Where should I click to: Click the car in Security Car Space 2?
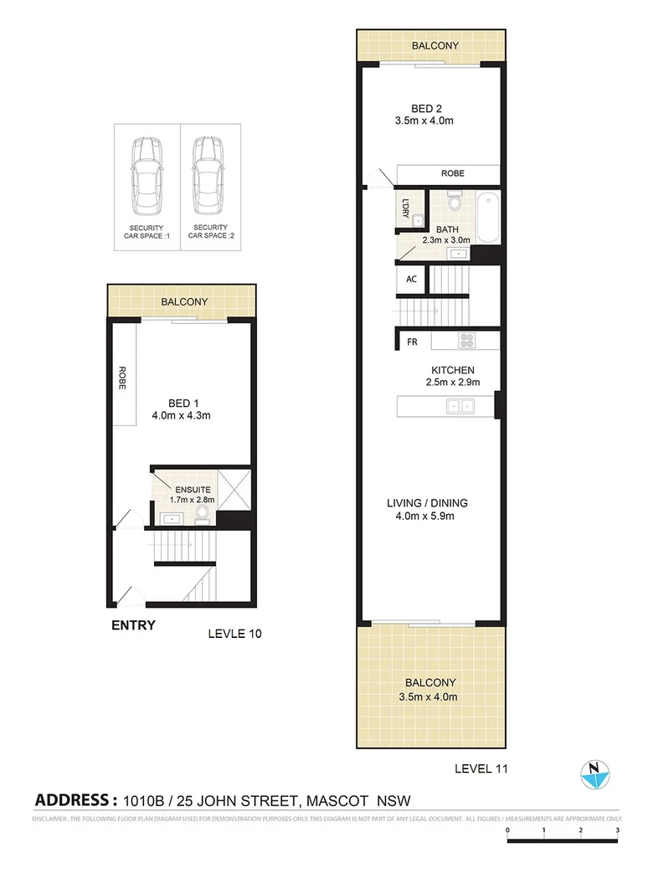click(x=209, y=176)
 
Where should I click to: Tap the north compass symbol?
click(x=594, y=774)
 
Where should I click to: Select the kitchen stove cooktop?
click(x=465, y=341)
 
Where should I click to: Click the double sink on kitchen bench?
click(x=459, y=407)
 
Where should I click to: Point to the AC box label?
click(x=411, y=280)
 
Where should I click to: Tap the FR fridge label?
click(x=412, y=342)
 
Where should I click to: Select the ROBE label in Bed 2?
click(x=452, y=174)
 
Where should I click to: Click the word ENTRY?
click(x=133, y=625)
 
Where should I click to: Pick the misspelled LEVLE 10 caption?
click(x=234, y=634)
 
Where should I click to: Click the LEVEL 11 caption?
click(x=481, y=767)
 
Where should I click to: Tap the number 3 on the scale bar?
click(x=617, y=830)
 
